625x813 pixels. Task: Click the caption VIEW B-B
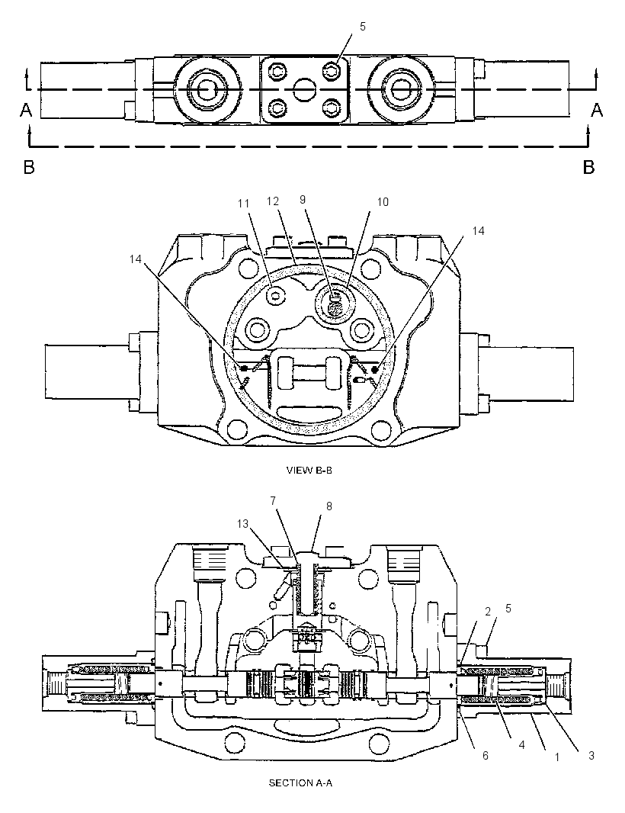click(x=309, y=471)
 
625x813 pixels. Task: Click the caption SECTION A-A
click(x=300, y=783)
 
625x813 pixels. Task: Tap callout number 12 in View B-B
click(x=273, y=201)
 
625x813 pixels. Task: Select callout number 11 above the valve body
click(x=244, y=204)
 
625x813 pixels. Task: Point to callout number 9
click(x=303, y=199)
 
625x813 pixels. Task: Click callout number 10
click(x=383, y=201)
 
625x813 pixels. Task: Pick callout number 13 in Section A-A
click(x=243, y=524)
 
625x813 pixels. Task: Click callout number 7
click(x=273, y=500)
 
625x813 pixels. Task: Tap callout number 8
click(x=329, y=506)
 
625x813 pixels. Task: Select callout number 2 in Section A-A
click(x=488, y=612)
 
